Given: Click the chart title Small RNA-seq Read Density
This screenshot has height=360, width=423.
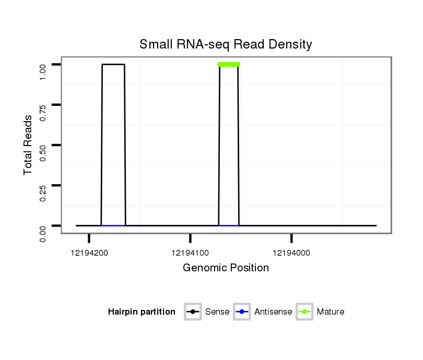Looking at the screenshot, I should pos(226,45).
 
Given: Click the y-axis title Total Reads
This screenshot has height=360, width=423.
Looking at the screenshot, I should pos(28,145).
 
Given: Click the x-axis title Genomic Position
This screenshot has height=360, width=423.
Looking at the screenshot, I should pos(226,268).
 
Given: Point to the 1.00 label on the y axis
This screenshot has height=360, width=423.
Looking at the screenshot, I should pos(44,65).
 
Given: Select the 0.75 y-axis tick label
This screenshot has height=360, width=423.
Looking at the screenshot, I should pos(44,105).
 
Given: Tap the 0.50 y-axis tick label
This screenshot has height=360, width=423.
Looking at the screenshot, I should pos(44,145).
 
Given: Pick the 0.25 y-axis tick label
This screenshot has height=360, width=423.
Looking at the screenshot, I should pos(44,185).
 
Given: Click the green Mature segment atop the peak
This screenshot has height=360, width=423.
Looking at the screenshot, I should pos(229,64).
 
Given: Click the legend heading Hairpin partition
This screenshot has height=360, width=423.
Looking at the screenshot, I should pos(142,312).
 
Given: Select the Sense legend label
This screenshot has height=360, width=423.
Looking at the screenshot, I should pos(217,312).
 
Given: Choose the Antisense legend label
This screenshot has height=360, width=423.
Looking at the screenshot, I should pos(273,312).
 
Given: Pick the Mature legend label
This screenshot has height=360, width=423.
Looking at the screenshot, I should pos(331,312).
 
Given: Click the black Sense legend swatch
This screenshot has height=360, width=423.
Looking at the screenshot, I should pos(193,312).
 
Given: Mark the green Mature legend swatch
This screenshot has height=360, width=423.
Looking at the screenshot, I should pos(304,312).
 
